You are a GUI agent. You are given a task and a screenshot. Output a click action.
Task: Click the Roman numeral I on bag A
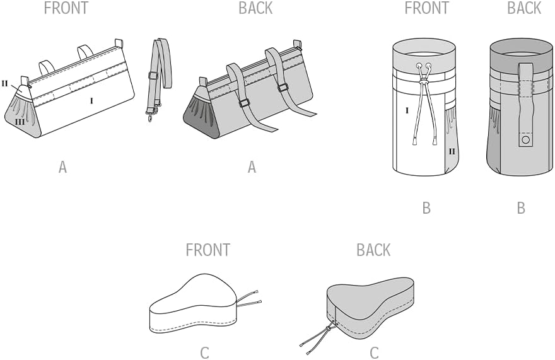[x=91, y=100]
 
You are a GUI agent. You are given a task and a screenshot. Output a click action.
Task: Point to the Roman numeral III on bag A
[x=20, y=122]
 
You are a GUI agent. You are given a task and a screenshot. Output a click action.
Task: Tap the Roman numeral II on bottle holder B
[x=452, y=152]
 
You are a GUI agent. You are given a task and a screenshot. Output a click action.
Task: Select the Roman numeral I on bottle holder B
[x=407, y=110]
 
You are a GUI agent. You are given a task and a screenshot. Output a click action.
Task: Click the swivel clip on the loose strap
[x=151, y=113]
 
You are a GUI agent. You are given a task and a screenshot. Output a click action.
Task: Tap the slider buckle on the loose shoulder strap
[x=152, y=75]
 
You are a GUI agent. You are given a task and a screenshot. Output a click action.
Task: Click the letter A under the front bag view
[x=62, y=167]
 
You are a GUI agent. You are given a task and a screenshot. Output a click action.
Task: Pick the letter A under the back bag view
[x=252, y=167]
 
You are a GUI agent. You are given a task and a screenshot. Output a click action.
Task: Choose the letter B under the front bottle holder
[x=426, y=208]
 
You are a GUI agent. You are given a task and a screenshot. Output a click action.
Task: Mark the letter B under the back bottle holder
[x=521, y=208]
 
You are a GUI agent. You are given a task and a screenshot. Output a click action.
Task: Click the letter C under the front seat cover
[x=204, y=353]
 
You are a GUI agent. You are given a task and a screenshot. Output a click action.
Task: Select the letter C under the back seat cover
[x=374, y=353]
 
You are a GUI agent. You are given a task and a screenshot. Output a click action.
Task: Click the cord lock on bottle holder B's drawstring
[x=424, y=82]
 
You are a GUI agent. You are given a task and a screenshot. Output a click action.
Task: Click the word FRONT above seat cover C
[x=207, y=250]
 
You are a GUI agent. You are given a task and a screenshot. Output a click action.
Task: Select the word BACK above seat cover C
[x=373, y=250]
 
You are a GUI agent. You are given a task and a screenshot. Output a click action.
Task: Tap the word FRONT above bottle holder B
[x=426, y=8]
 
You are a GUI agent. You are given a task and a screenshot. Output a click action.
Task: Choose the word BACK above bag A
[x=255, y=8]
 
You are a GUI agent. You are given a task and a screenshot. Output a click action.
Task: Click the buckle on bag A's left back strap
[x=245, y=103]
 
